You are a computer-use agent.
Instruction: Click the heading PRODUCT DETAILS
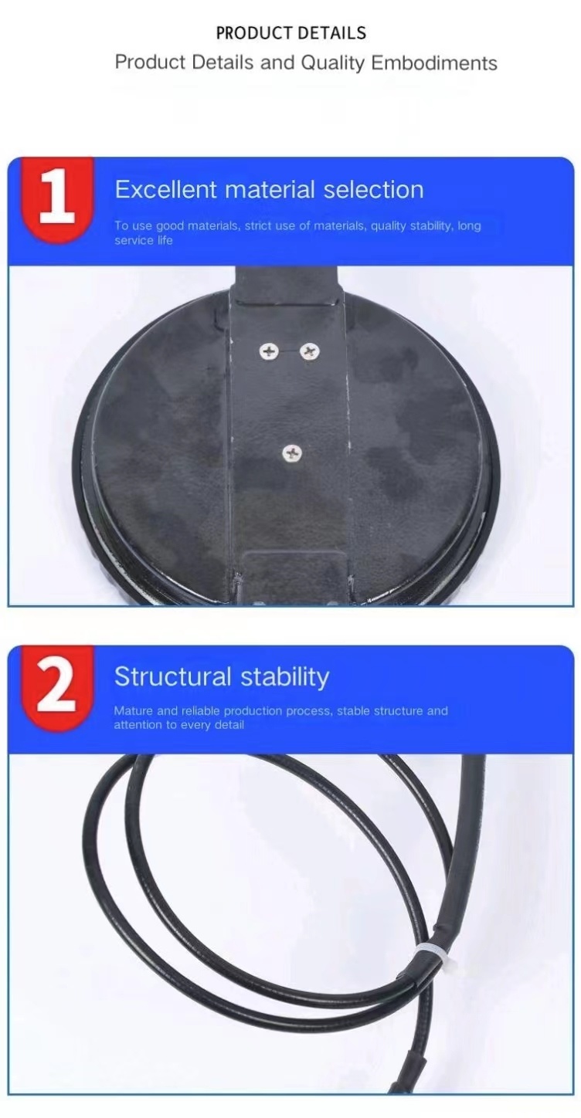(x=290, y=33)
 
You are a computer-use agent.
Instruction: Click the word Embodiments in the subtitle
(x=434, y=63)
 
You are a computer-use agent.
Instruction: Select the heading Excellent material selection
(x=269, y=190)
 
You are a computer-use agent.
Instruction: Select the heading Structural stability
(x=222, y=676)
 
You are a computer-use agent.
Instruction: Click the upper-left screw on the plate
(x=269, y=351)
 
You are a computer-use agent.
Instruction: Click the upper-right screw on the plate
(x=310, y=351)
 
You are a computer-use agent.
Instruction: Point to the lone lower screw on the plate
(x=291, y=453)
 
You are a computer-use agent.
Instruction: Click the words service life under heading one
(x=144, y=241)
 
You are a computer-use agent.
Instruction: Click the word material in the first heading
(x=265, y=190)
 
